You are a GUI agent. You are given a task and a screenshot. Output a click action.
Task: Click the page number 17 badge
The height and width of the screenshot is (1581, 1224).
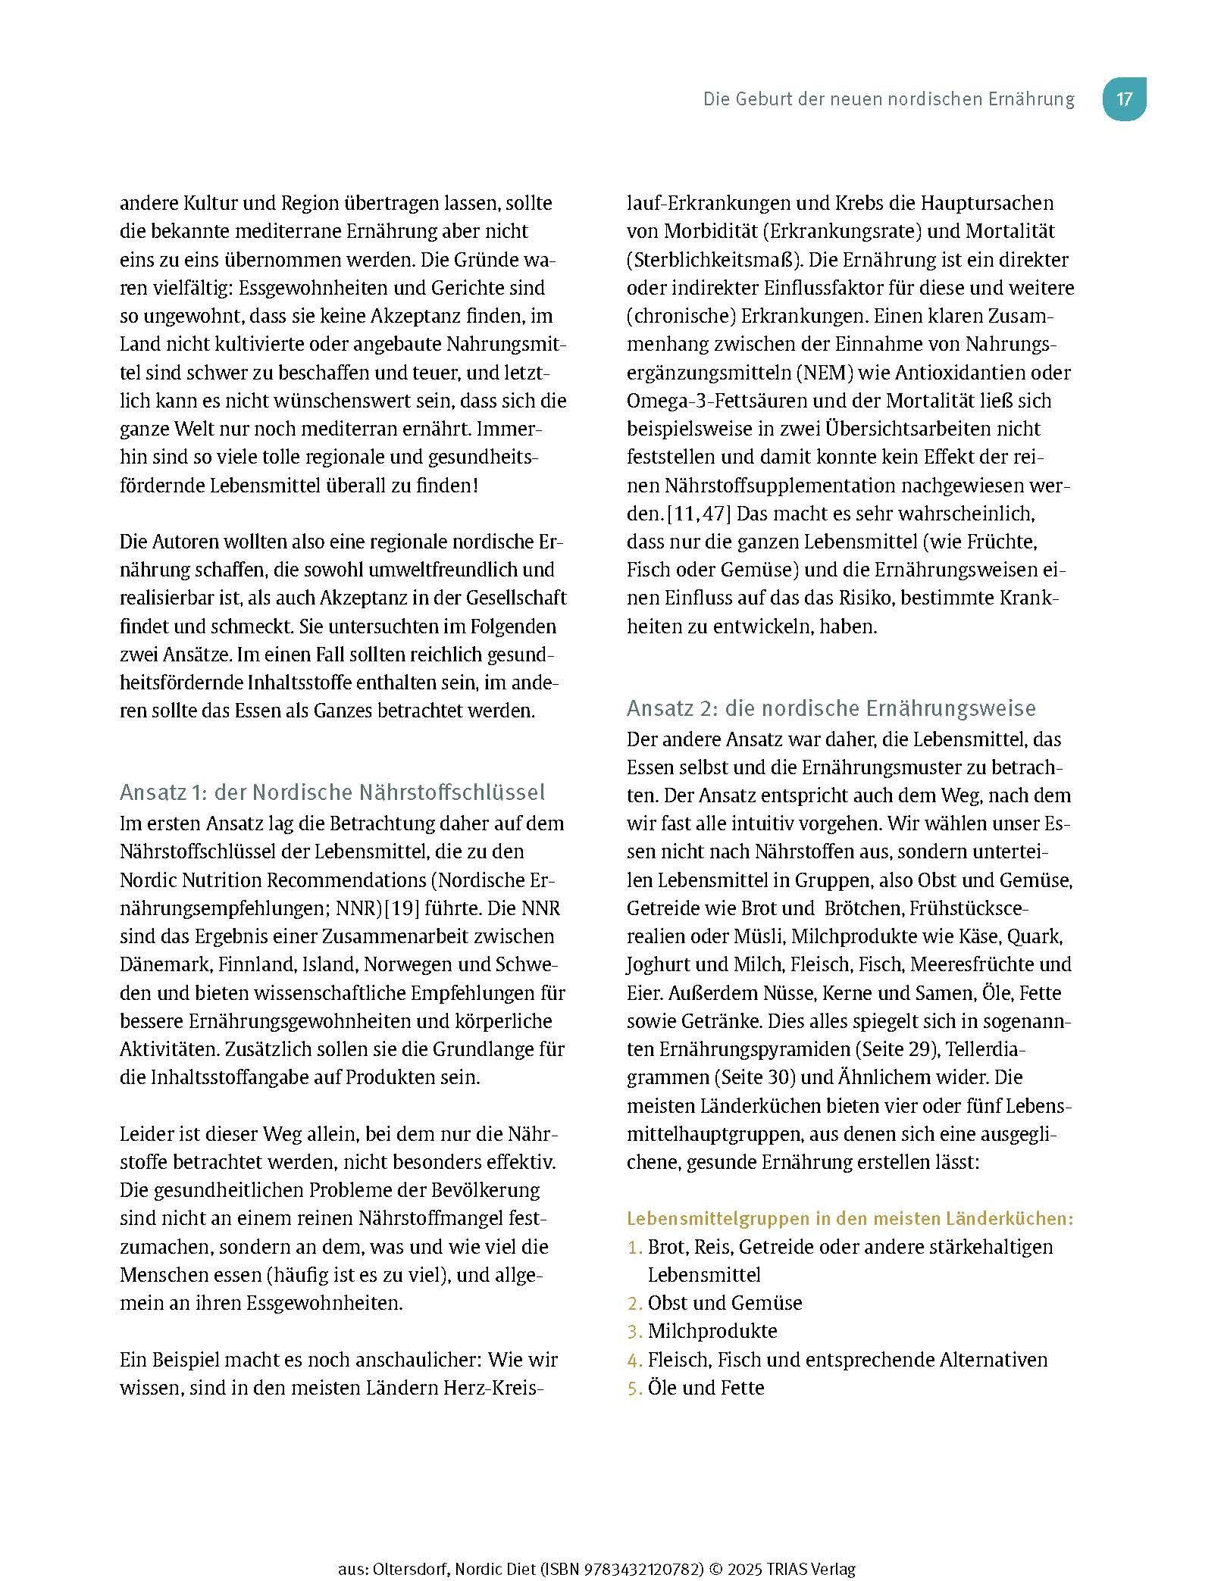pyautogui.click(x=1124, y=99)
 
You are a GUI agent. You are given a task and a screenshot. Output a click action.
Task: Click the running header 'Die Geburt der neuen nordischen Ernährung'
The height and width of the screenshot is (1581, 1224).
pyautogui.click(x=888, y=99)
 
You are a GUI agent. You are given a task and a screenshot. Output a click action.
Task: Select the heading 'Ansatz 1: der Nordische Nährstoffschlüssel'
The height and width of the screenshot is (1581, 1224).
pyautogui.click(x=332, y=792)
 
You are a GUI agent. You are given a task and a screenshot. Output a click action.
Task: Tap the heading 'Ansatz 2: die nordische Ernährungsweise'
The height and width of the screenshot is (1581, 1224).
pyautogui.click(x=831, y=708)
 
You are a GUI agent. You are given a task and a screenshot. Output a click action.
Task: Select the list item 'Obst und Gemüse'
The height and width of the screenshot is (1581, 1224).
pyautogui.click(x=725, y=1303)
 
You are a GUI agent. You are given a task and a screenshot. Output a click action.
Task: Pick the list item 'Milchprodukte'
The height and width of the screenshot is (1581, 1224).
pyautogui.click(x=712, y=1331)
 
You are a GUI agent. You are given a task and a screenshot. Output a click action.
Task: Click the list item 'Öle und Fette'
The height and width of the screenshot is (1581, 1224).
pyautogui.click(x=706, y=1388)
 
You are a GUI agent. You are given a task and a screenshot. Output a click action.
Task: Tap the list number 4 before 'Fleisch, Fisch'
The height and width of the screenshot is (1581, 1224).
pyautogui.click(x=634, y=1360)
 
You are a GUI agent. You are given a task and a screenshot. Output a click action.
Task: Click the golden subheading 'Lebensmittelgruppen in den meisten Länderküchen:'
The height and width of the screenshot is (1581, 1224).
pyautogui.click(x=850, y=1219)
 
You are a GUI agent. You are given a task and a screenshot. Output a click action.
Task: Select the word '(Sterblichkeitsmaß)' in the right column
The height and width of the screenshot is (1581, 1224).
pyautogui.click(x=714, y=260)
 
